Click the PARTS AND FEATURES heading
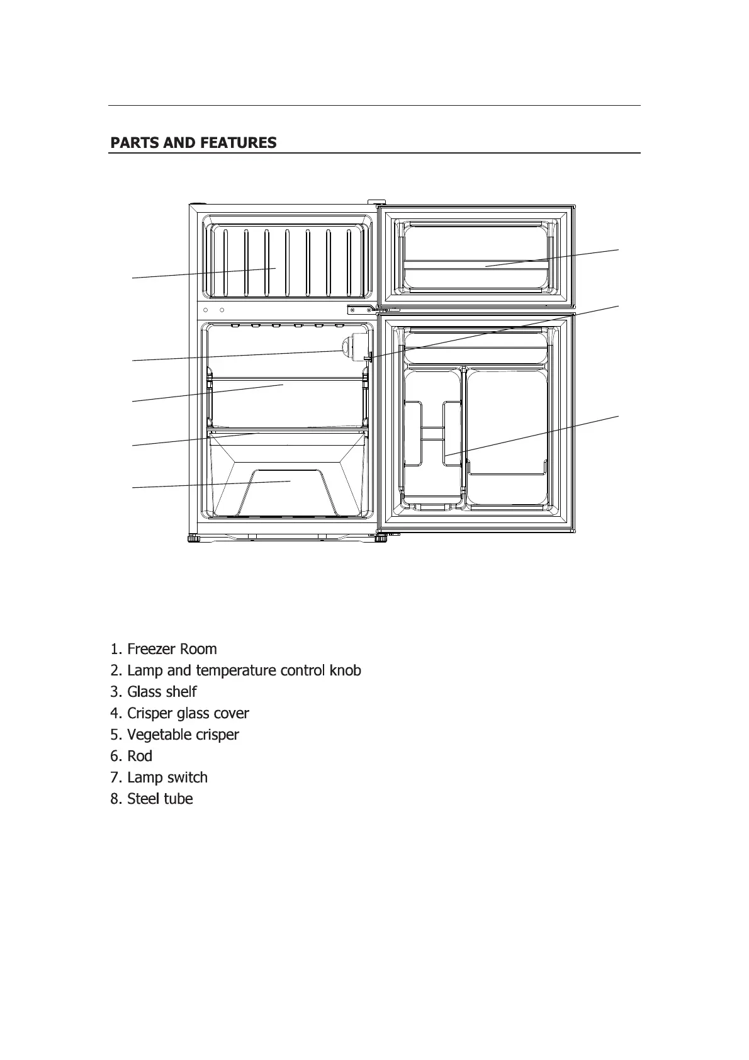coord(193,143)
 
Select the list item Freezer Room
coord(164,649)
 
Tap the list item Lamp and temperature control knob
coord(236,670)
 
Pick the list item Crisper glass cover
coord(179,713)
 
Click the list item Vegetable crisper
coord(175,735)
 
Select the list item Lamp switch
coord(159,777)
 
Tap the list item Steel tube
coord(152,799)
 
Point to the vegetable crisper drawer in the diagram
coord(286,485)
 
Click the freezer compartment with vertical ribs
coord(286,261)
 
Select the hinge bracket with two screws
coord(362,309)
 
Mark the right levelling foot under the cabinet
coord(381,538)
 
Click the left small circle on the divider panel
coord(206,310)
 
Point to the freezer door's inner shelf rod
coord(476,261)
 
